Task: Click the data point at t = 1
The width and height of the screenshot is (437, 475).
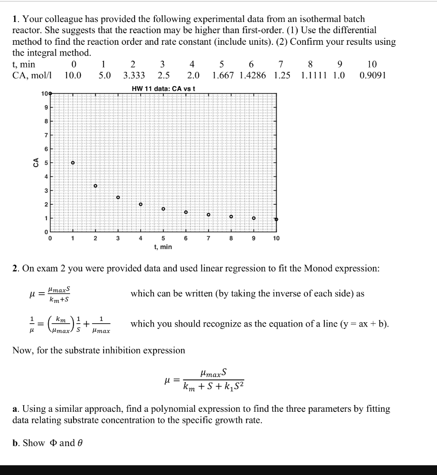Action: (73, 163)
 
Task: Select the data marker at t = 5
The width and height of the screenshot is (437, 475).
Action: (163, 209)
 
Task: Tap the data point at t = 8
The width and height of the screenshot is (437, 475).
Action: (231, 216)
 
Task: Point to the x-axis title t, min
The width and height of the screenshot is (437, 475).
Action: (163, 247)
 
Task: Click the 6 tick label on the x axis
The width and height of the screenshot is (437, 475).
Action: (185, 238)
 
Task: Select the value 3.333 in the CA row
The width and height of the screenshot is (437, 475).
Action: (134, 75)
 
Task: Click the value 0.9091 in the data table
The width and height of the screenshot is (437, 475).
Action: (372, 75)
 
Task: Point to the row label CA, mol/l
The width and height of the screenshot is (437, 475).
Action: (33, 75)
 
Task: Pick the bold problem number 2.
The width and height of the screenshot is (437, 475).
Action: (15, 268)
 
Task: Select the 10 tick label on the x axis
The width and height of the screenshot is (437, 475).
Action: (276, 238)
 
